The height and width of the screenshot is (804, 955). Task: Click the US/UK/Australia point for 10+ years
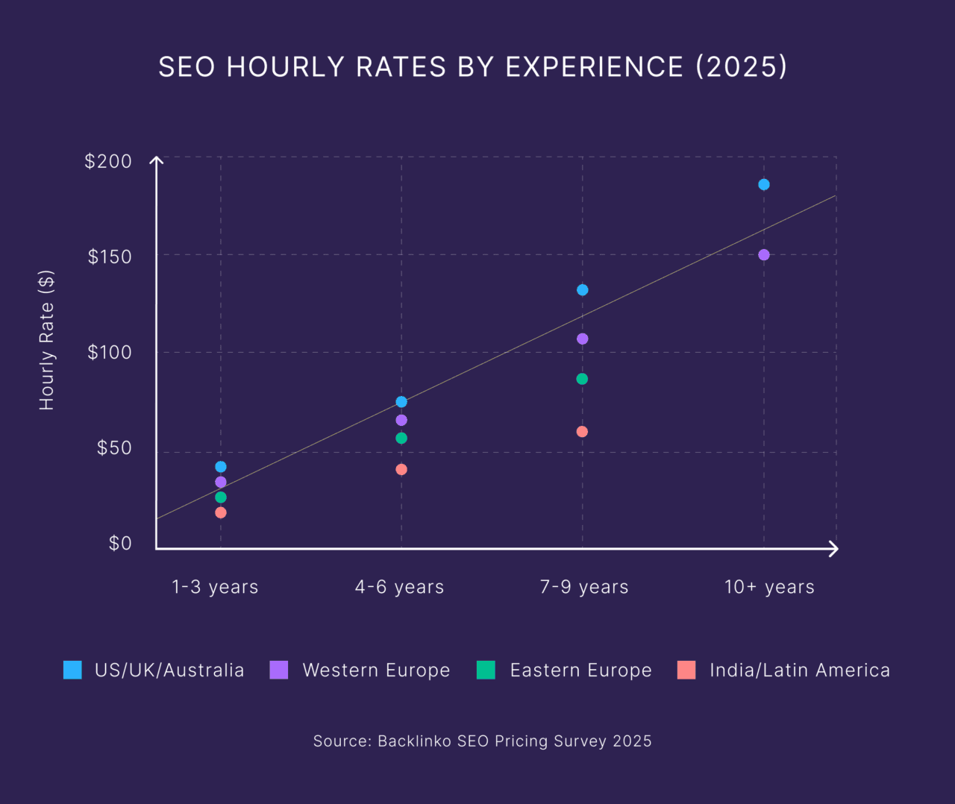[x=763, y=184]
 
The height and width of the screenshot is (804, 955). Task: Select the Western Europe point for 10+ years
[x=763, y=254]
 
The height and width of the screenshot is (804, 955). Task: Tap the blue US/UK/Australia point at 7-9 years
[x=582, y=289]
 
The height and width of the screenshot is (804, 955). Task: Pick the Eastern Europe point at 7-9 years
[x=582, y=379]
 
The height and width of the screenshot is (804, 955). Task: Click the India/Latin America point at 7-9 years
[x=582, y=431]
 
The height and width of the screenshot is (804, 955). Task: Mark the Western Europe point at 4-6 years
[x=401, y=420]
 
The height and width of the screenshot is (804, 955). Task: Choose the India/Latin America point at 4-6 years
[x=401, y=469]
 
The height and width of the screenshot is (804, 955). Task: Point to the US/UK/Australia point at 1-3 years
[x=220, y=467]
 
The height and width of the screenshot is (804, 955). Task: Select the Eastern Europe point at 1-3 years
[x=220, y=497]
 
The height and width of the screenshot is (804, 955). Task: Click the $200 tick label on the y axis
[x=108, y=161]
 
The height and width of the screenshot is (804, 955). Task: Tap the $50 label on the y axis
[x=114, y=447]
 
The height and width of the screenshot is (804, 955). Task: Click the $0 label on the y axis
[x=120, y=543]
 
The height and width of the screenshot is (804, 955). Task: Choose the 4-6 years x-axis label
[x=399, y=587]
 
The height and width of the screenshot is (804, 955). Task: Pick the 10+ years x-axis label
[x=769, y=587]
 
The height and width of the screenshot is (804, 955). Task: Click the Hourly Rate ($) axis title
[x=47, y=340]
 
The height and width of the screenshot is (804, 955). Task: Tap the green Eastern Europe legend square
[x=486, y=670]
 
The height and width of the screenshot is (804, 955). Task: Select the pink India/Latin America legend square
[x=686, y=670]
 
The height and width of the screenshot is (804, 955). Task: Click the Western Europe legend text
[x=376, y=670]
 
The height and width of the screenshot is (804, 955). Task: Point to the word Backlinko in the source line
[x=414, y=741]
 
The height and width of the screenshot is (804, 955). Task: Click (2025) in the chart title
[x=741, y=66]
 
